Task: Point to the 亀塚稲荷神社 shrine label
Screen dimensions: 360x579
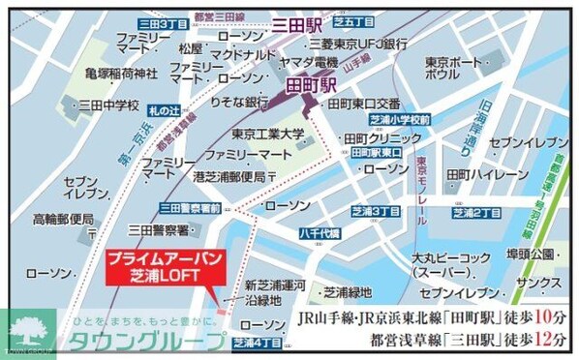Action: tap(121, 73)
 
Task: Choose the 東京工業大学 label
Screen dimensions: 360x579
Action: tap(268, 134)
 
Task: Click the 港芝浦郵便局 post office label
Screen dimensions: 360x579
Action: tap(229, 176)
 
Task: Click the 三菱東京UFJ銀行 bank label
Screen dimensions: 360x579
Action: tap(358, 45)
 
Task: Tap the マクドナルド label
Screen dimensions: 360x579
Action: tap(243, 54)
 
